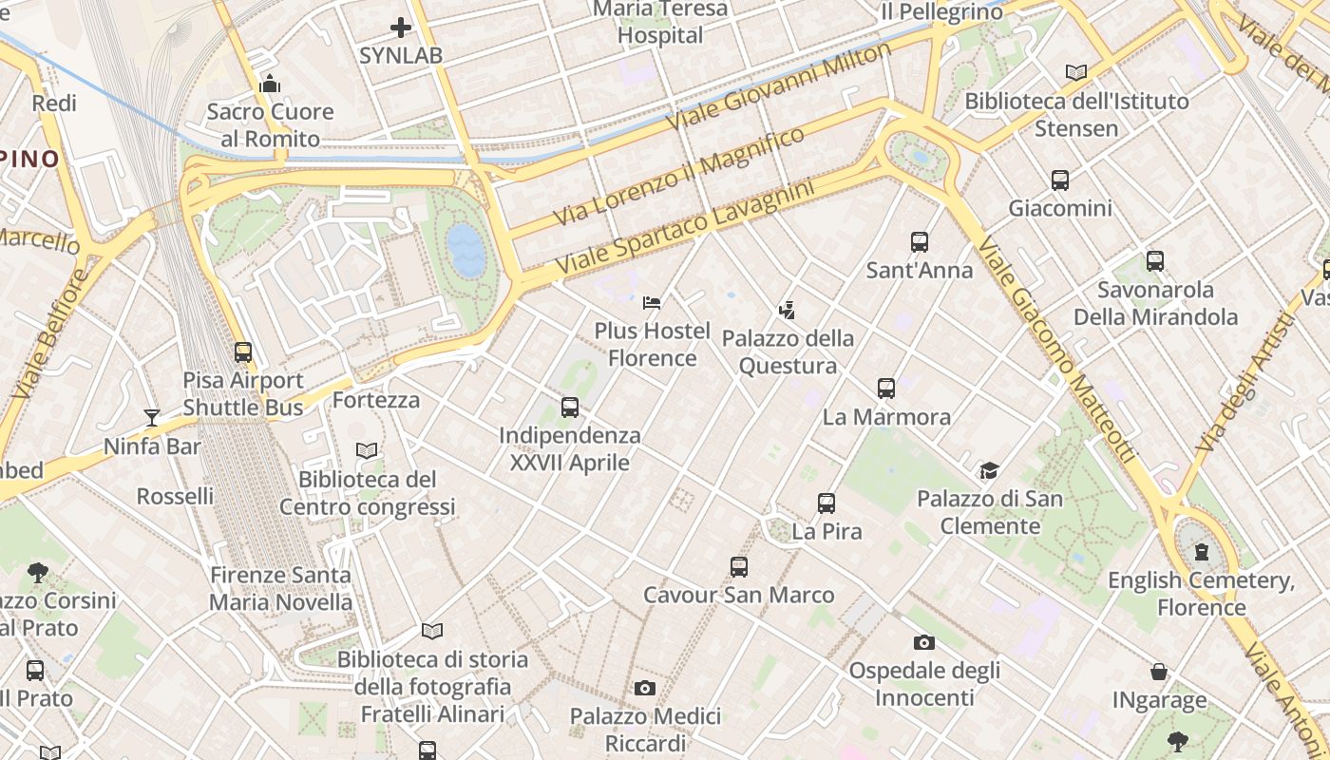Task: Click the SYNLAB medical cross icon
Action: [x=401, y=28]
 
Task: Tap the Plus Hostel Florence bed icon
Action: [x=652, y=303]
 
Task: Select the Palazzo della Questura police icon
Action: [x=787, y=310]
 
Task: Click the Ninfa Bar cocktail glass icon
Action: [x=151, y=417]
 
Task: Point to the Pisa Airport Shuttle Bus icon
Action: [x=243, y=352]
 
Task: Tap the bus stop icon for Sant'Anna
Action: [x=919, y=242]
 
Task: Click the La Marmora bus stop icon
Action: [x=886, y=389]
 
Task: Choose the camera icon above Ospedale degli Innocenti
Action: [x=923, y=643]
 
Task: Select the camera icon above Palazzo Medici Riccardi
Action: [x=645, y=688]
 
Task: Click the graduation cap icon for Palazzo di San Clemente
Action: [x=989, y=471]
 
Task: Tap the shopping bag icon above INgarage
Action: [x=1159, y=673]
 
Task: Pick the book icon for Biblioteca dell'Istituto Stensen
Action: [x=1075, y=72]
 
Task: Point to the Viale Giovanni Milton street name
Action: [x=779, y=85]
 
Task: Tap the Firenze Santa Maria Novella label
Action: [x=280, y=588]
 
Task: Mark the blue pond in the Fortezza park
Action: [x=466, y=249]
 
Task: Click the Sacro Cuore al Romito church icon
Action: [x=270, y=84]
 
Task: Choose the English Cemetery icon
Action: [x=1201, y=552]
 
